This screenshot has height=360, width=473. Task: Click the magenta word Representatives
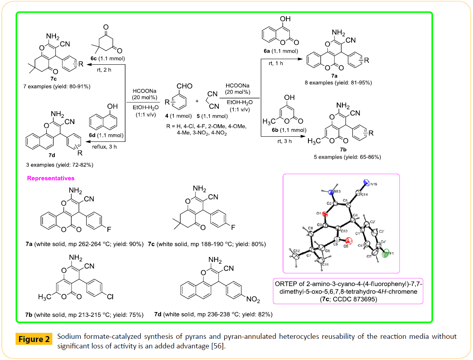click(50, 178)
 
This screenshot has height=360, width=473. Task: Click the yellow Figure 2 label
click(34, 340)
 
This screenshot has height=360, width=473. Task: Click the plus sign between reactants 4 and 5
click(197, 101)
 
